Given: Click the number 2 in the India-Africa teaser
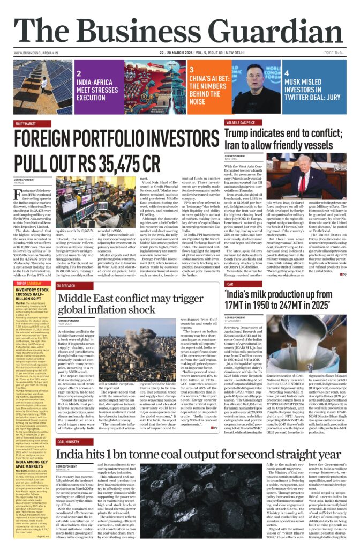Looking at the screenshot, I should click(x=78, y=75).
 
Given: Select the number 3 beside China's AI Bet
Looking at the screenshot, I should click(x=191, y=70).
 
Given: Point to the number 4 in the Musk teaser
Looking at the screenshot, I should click(x=287, y=73).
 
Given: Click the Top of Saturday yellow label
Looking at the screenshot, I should click(x=29, y=283).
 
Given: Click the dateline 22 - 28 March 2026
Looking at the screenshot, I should click(x=181, y=53).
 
